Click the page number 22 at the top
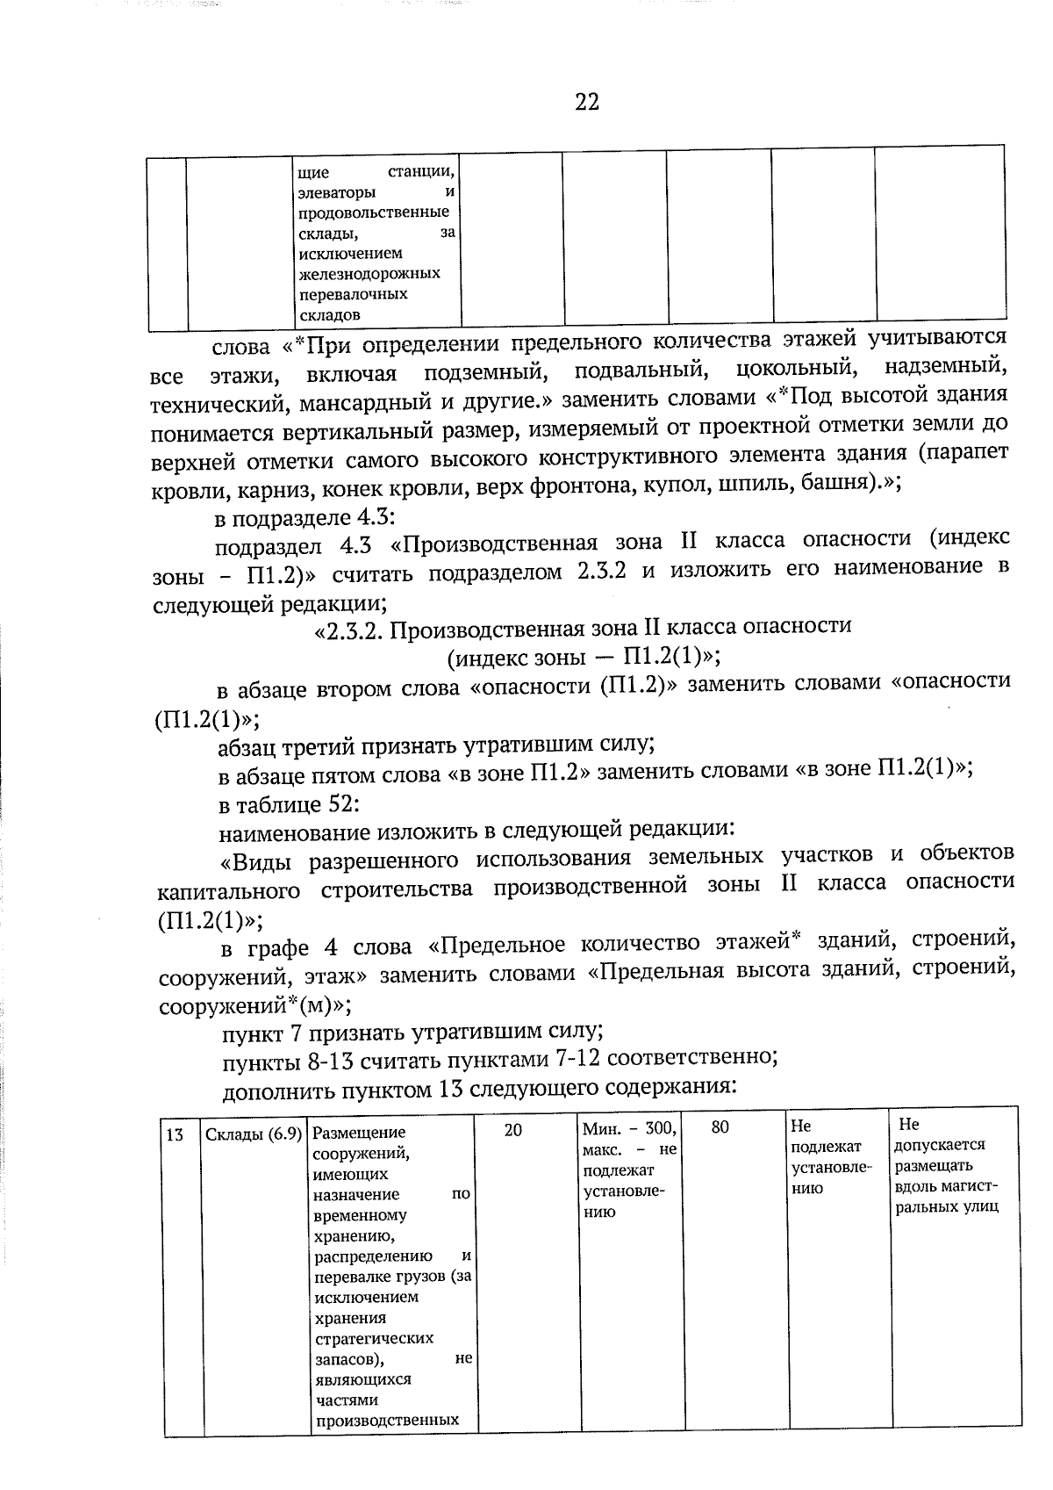click(x=587, y=102)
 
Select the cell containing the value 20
click(x=513, y=1130)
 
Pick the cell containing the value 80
click(x=720, y=1128)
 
